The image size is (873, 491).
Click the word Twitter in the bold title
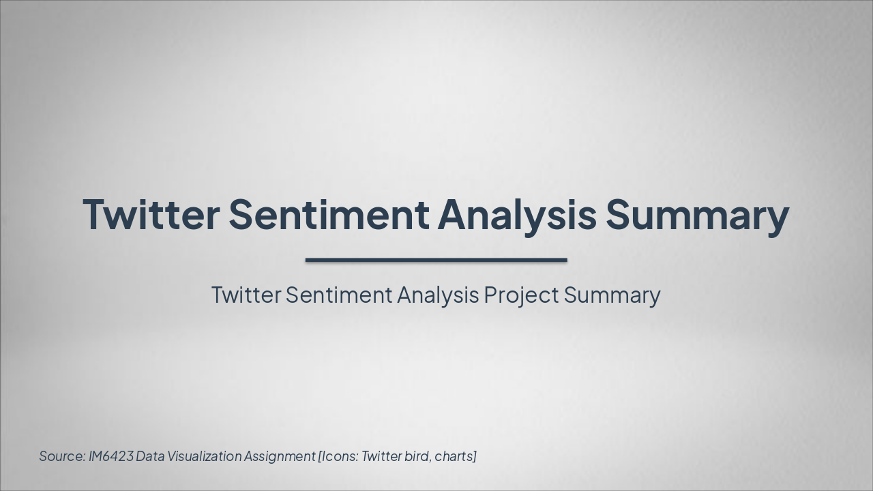point(151,214)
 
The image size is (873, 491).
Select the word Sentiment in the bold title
point(329,214)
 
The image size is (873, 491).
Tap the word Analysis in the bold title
point(517,214)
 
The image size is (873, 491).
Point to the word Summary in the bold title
point(697,214)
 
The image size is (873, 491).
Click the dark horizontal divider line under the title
point(436,260)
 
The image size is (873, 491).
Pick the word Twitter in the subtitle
point(246,295)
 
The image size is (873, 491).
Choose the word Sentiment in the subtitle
point(339,295)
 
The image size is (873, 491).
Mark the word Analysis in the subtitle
point(438,295)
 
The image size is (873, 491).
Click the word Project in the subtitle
point(522,295)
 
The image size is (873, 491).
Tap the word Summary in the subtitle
point(612,295)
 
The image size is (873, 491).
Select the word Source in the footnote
point(62,456)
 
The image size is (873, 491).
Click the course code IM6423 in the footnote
point(110,456)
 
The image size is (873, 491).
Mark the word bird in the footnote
point(417,456)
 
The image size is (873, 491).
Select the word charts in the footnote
point(454,456)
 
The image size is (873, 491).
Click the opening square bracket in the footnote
point(320,456)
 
